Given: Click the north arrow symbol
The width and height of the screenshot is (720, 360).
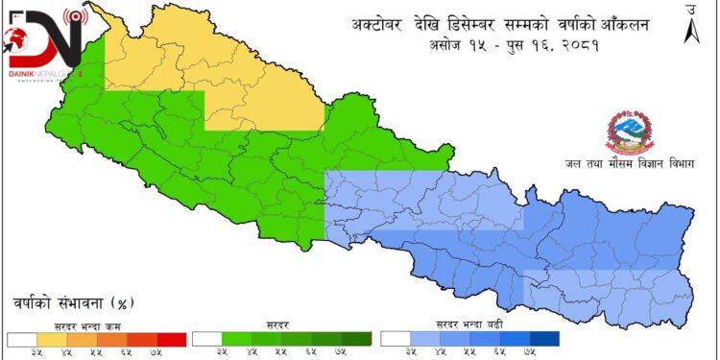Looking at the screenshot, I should (x=691, y=31).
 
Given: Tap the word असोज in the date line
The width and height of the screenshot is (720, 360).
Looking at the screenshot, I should (x=448, y=44).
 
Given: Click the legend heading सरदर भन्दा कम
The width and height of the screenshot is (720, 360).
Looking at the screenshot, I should (x=94, y=326).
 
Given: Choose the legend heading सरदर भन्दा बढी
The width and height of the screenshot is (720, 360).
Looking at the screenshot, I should (x=469, y=326).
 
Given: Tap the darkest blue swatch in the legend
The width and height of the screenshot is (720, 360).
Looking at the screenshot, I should (x=544, y=339).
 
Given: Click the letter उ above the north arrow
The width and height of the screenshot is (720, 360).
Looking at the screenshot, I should (x=691, y=9).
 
